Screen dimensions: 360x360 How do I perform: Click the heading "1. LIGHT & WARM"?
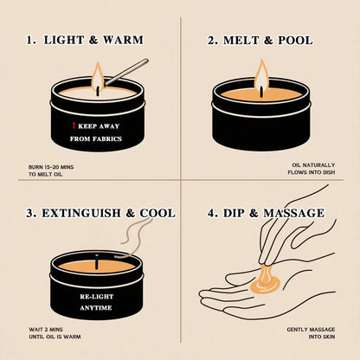pyautogui.click(x=85, y=40)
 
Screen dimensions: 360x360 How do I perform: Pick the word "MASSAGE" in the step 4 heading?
pyautogui.click(x=294, y=212)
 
